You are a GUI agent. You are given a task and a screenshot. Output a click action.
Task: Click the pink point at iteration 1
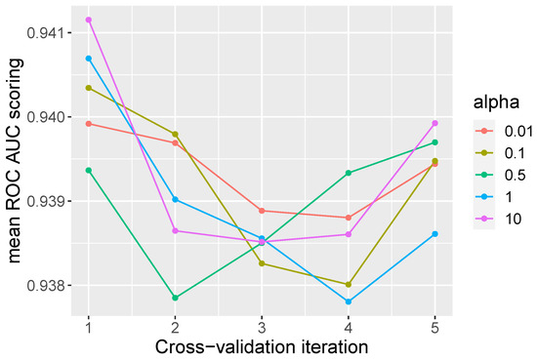pyautogui.click(x=89, y=20)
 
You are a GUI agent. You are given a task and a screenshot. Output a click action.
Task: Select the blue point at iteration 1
pyautogui.click(x=89, y=59)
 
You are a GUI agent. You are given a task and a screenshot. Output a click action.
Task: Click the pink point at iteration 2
pyautogui.click(x=175, y=231)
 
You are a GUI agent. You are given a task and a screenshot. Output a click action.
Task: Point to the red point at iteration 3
pyautogui.click(x=262, y=211)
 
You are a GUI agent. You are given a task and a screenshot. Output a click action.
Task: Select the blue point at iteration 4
pyautogui.click(x=349, y=302)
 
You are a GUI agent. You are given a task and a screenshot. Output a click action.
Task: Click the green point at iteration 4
pyautogui.click(x=349, y=173)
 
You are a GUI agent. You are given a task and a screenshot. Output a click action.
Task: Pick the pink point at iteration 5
pyautogui.click(x=434, y=123)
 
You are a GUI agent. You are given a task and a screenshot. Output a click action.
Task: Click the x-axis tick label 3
pyautogui.click(x=262, y=329)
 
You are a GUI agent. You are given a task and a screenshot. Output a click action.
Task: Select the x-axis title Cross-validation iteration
pyautogui.click(x=262, y=347)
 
